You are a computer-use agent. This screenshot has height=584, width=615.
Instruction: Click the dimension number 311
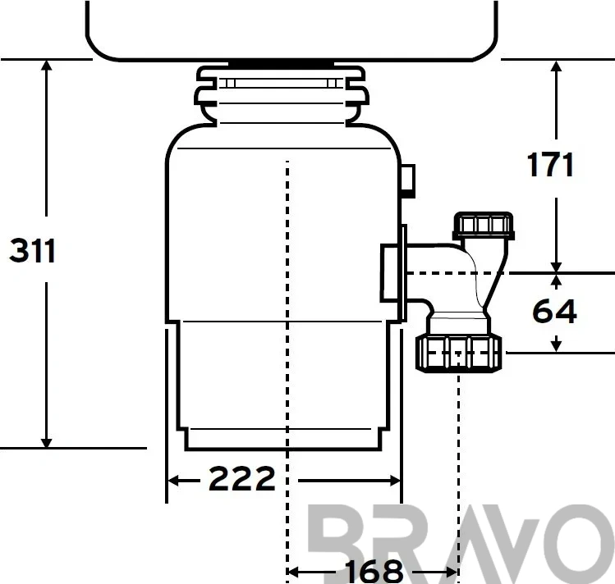pyautogui.click(x=32, y=251)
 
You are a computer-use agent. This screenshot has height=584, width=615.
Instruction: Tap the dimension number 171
pyautogui.click(x=550, y=165)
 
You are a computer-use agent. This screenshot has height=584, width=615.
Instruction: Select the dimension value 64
pyautogui.click(x=554, y=312)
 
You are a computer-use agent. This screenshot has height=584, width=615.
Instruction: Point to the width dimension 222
pyautogui.click(x=242, y=478)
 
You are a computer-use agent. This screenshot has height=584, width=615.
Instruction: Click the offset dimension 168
pyautogui.click(x=374, y=572)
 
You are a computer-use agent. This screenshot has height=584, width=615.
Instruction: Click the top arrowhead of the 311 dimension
pyautogui.click(x=47, y=65)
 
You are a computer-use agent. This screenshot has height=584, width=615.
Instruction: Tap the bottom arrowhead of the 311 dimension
pyautogui.click(x=47, y=443)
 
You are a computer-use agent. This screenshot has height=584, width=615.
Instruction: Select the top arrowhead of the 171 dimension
pyautogui.click(x=556, y=66)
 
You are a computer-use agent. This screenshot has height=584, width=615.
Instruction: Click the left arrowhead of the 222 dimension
pyautogui.click(x=173, y=480)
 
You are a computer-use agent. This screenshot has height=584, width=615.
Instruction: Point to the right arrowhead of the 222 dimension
pyautogui.click(x=395, y=481)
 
